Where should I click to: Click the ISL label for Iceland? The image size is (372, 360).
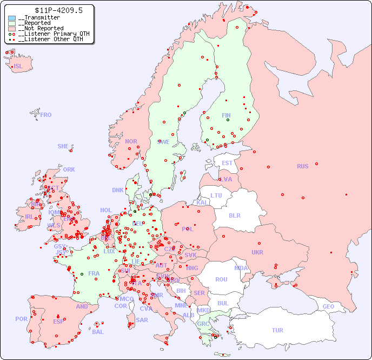tap(18, 67)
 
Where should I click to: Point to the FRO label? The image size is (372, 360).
tap(46, 115)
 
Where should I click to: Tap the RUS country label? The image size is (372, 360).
tap(302, 166)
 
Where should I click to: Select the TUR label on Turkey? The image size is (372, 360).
tap(277, 330)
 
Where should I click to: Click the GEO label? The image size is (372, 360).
tap(328, 306)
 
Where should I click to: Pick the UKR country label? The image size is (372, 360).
tap(257, 252)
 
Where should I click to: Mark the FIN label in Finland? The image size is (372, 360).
tap(226, 115)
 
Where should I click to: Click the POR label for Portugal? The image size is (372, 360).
tap(21, 319)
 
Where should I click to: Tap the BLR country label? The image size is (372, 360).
tap(235, 215)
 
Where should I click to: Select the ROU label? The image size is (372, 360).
tap(221, 279)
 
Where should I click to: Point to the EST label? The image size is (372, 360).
tap(227, 163)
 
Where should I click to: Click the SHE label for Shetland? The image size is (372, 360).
tap(63, 146)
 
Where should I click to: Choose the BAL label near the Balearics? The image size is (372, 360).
tap(98, 332)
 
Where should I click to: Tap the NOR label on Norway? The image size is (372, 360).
tap(131, 141)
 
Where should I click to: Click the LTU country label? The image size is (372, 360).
tap(216, 195)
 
